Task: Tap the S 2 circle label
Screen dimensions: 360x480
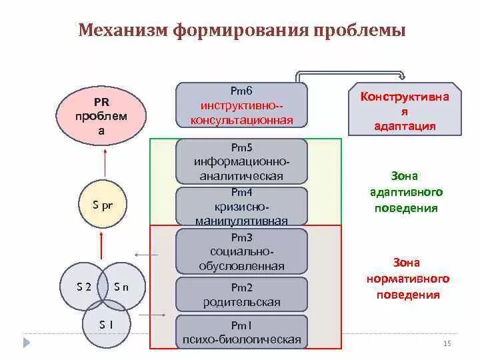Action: [x=84, y=287]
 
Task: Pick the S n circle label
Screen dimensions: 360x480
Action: [x=121, y=287]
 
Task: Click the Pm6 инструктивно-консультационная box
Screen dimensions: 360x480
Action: [x=241, y=105]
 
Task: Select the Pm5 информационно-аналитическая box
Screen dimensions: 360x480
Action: [x=241, y=161]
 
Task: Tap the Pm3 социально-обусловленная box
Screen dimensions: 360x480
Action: [x=241, y=251]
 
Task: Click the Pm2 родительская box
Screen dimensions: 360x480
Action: [x=241, y=295]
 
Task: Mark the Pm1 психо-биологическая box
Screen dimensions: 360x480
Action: [x=241, y=332]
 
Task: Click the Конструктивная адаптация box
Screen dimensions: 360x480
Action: [x=405, y=111]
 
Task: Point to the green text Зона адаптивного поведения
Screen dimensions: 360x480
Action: [x=405, y=192]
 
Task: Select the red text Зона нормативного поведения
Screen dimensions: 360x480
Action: [x=405, y=279]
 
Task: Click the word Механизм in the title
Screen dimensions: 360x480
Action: [x=122, y=31]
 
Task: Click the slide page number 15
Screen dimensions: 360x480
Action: [x=447, y=343]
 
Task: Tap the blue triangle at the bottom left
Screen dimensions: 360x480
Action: [x=27, y=343]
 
